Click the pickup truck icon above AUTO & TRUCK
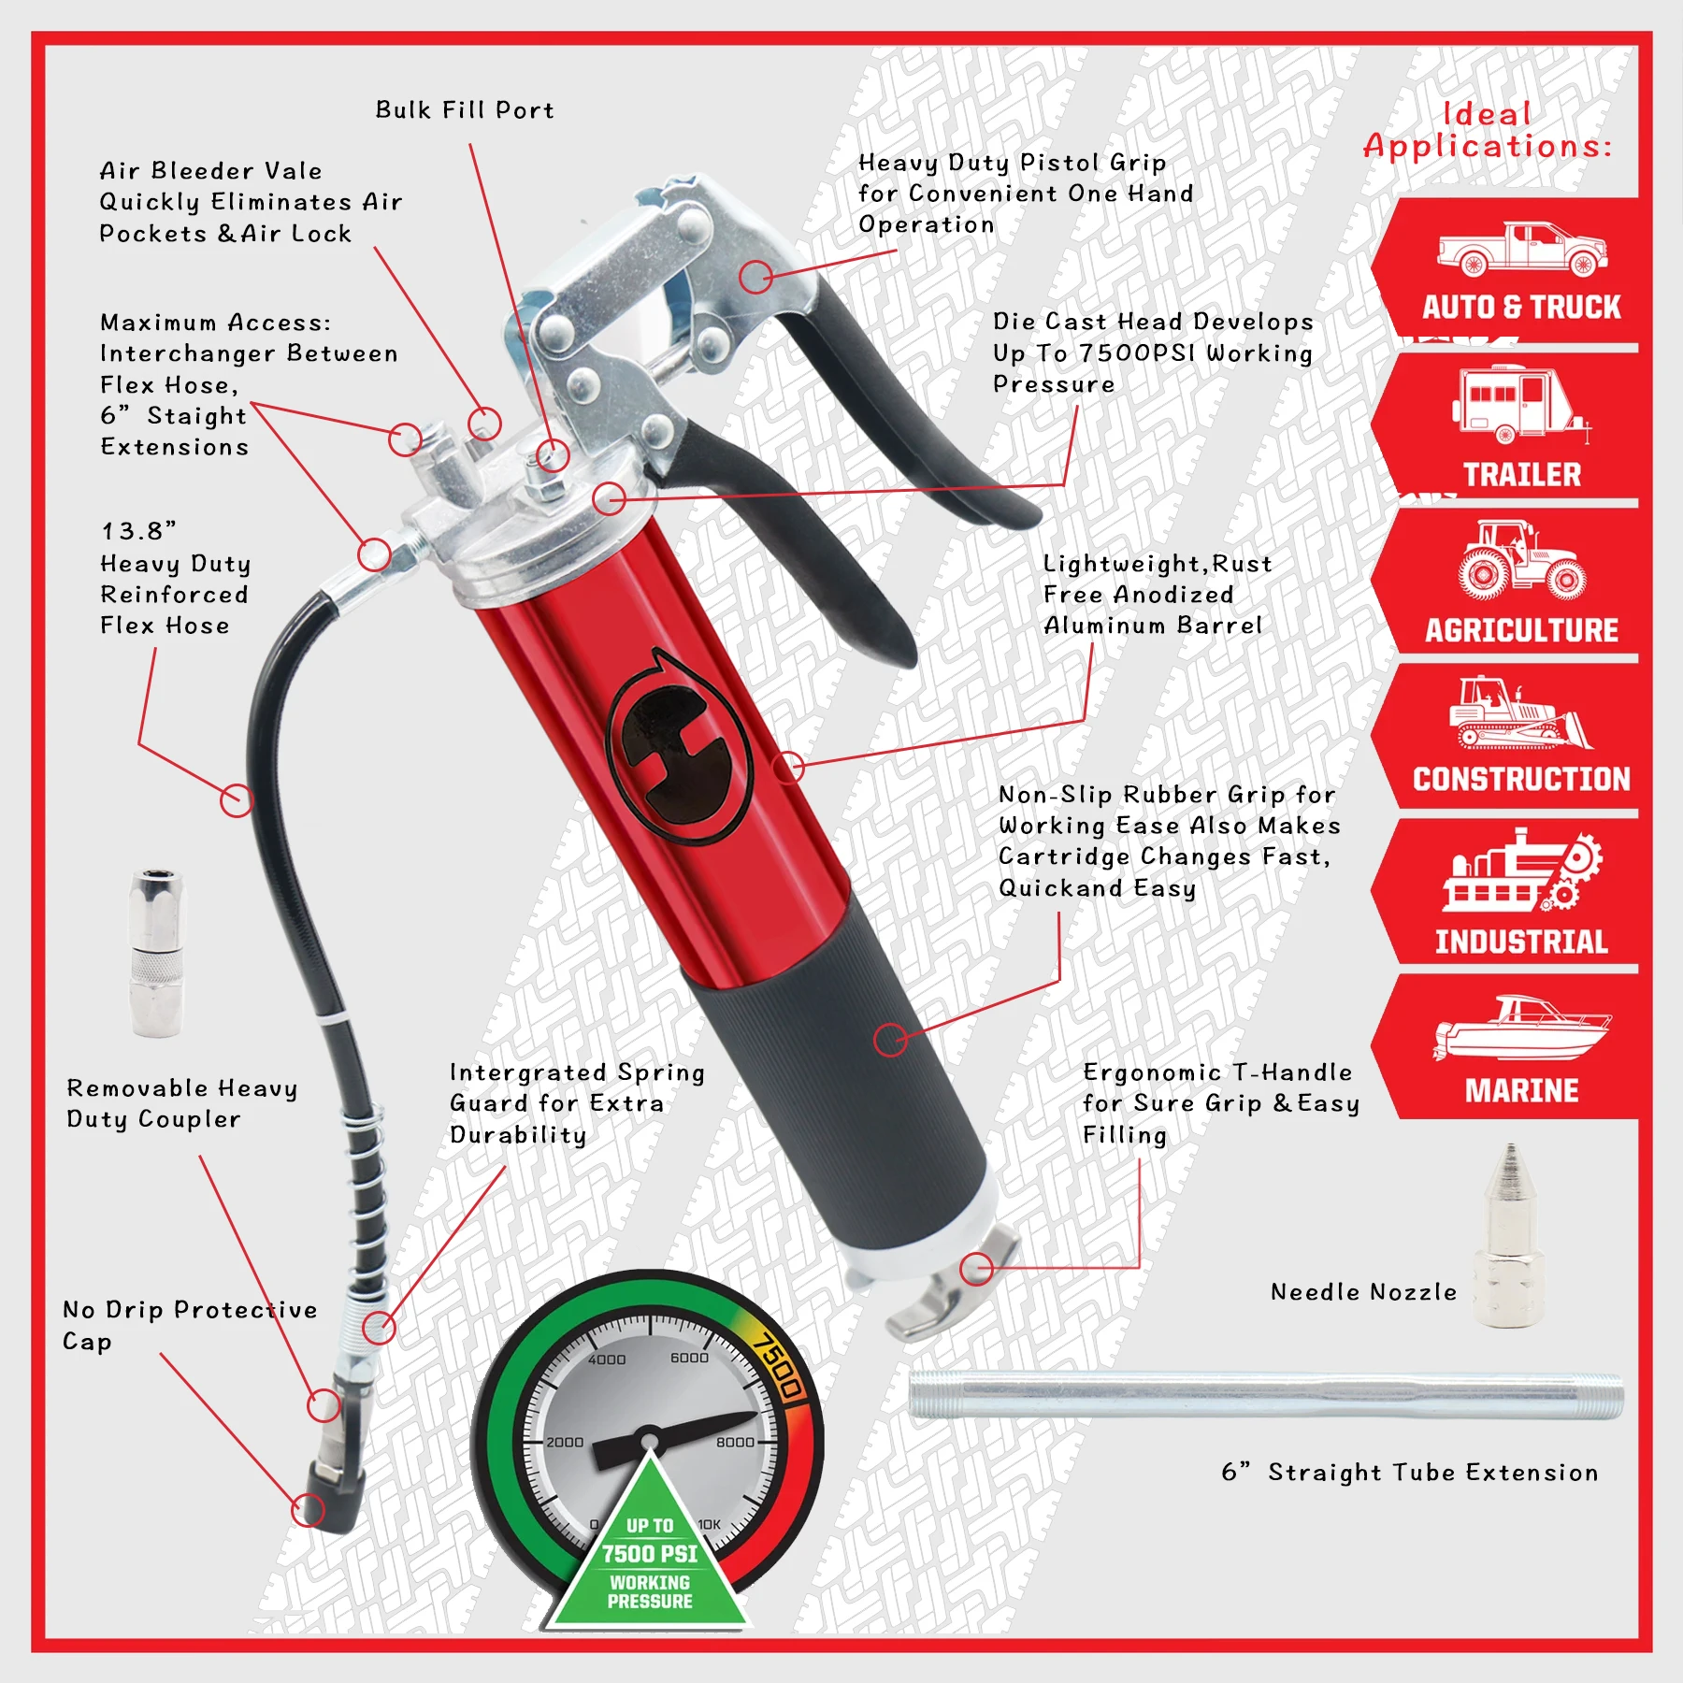1521,250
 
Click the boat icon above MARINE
1521,1029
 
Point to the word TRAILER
1521,475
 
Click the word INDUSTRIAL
1521,942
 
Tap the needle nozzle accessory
1509,1234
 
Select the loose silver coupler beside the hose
157,953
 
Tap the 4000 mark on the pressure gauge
607,1359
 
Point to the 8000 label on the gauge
735,1442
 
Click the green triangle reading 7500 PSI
650,1561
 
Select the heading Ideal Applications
1487,130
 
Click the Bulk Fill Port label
465,110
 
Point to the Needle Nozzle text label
1363,1292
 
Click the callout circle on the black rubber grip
890,1039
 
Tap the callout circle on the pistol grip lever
755,277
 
